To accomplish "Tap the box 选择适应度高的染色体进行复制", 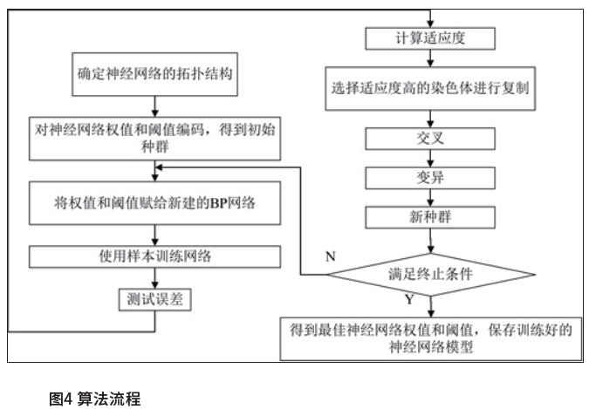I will (x=431, y=89).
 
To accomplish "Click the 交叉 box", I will (x=431, y=139).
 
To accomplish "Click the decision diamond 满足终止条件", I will (x=431, y=273).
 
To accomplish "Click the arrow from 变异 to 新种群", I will (x=431, y=195).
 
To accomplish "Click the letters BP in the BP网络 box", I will (x=218, y=206).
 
